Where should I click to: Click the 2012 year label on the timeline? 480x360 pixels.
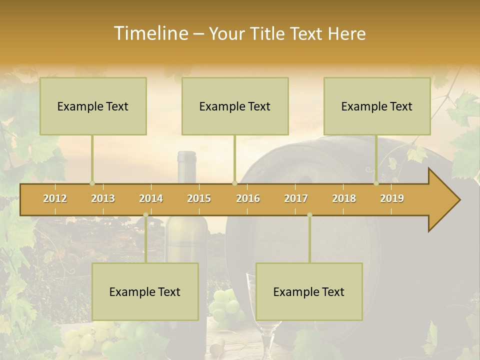coord(55,198)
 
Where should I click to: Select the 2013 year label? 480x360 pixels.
coord(103,198)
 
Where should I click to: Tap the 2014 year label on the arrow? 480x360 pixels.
coord(151,198)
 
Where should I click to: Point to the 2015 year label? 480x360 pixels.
coord(199,198)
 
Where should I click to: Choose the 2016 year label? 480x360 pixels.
coord(248,198)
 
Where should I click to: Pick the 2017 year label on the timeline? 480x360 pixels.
coord(296,198)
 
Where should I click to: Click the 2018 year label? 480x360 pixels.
coord(344,198)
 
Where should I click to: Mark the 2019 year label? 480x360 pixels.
coord(392,198)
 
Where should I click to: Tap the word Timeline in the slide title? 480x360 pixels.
coord(150,33)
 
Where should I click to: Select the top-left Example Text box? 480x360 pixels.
coord(93,106)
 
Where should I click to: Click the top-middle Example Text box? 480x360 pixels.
coord(235,106)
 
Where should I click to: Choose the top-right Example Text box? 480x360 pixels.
coord(377,106)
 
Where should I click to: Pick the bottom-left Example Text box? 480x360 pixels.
coord(145,291)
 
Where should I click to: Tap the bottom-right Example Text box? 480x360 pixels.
coord(309,291)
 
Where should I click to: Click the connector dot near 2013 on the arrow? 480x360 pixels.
coord(92,183)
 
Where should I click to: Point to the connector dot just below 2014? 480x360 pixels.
coord(145,215)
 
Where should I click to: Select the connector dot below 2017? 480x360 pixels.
coord(309,215)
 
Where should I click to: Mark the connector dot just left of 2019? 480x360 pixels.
coord(376,183)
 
